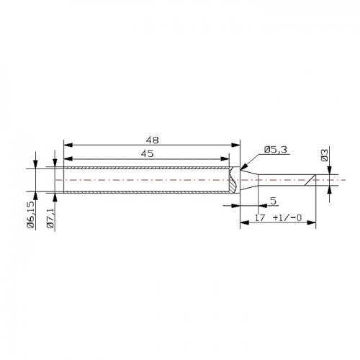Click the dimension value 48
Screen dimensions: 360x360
coord(153,140)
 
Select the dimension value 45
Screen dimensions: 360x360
coord(147,153)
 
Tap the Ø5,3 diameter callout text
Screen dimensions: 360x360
coord(276,150)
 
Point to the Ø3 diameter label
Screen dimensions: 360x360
coord(324,155)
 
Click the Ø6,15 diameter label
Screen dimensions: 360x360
coord(31,215)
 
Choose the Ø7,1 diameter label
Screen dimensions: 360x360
coord(50,218)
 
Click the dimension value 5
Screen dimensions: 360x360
coord(274,201)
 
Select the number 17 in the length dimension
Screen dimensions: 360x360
coord(260,217)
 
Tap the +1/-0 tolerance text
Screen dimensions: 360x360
coord(287,217)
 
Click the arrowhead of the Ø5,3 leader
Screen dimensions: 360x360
coord(243,167)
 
